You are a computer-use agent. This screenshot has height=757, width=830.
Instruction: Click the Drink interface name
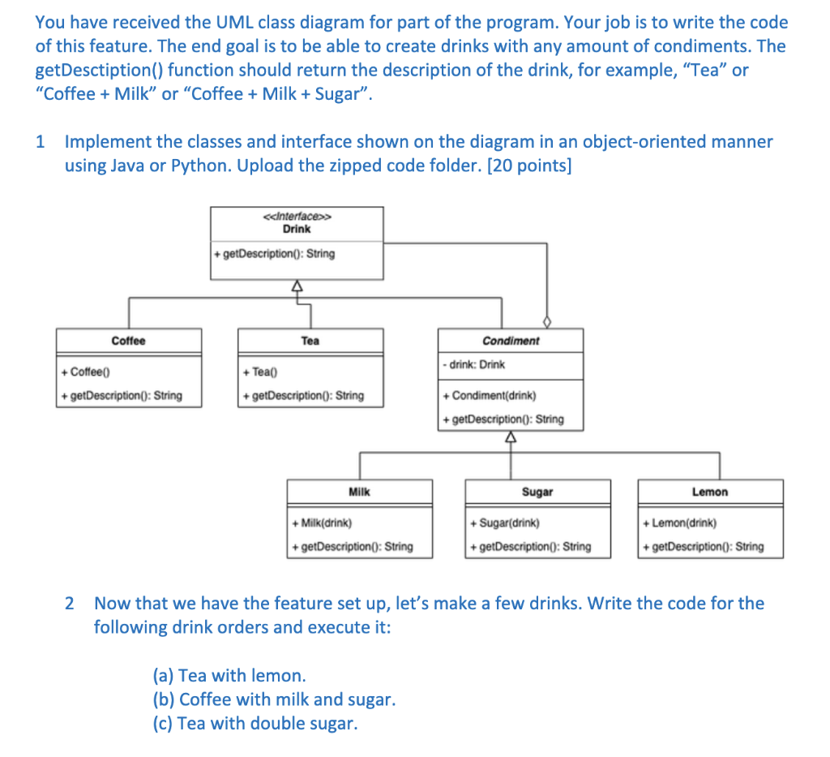coord(297,229)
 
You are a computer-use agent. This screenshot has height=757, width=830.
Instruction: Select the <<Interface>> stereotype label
coord(297,217)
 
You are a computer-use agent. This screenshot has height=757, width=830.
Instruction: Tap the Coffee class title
coord(128,341)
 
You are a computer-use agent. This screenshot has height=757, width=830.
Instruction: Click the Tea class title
coord(310,341)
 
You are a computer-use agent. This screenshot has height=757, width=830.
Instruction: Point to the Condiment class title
coord(510,341)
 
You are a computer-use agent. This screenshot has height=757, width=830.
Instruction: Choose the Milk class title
coord(359,492)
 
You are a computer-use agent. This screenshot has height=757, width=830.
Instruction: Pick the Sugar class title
coord(537,492)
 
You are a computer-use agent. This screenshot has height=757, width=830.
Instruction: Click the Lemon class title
coord(710,492)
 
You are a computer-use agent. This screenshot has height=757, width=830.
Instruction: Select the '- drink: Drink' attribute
coord(474,364)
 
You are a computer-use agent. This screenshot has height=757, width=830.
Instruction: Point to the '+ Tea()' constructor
coord(260,372)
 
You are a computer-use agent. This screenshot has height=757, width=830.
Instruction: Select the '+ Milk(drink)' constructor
coord(322,523)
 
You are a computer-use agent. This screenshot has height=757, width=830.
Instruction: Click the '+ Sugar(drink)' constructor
coord(504,523)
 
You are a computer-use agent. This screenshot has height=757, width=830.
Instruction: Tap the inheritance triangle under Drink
coord(297,286)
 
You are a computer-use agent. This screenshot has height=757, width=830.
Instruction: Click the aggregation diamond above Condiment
coord(546,322)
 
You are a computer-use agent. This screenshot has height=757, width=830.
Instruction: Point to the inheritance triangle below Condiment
coord(510,437)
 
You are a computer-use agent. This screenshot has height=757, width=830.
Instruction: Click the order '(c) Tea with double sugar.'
coord(255,723)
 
